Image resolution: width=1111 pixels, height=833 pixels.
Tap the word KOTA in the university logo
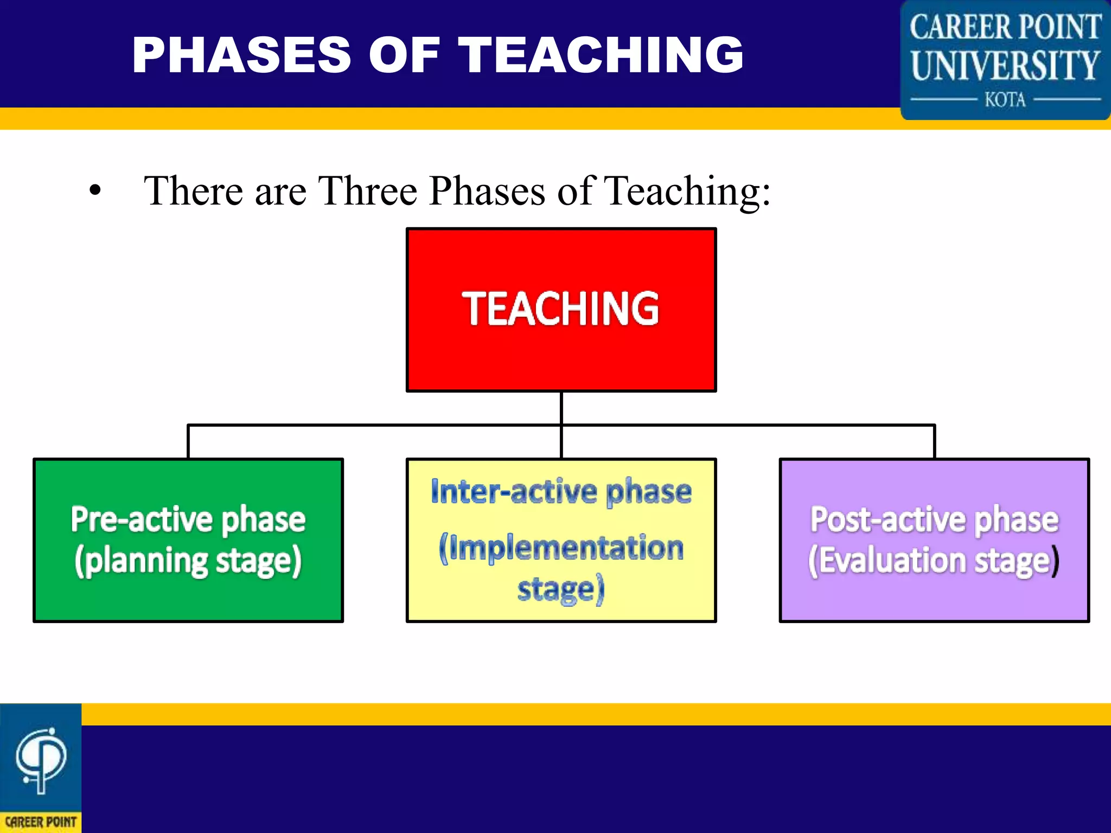[1005, 100]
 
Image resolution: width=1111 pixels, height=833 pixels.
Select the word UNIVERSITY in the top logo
[1005, 66]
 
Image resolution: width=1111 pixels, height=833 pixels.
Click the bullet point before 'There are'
[95, 191]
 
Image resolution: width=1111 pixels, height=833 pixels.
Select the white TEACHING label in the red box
[561, 309]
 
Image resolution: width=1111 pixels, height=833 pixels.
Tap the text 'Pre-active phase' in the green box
[188, 520]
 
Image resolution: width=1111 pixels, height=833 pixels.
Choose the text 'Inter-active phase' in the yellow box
[561, 491]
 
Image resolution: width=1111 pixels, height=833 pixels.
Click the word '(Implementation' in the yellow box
[561, 548]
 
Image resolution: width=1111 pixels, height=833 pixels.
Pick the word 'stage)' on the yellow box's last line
[561, 589]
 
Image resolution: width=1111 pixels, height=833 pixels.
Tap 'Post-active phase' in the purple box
[934, 520]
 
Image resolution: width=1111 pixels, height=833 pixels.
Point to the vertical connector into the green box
[188, 442]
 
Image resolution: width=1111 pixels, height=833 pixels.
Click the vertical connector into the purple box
[934, 442]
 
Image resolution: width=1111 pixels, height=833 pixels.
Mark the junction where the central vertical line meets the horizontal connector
[561, 425]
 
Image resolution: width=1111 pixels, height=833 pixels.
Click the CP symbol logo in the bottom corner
[41, 759]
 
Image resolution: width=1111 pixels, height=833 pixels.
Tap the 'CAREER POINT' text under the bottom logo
[41, 822]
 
